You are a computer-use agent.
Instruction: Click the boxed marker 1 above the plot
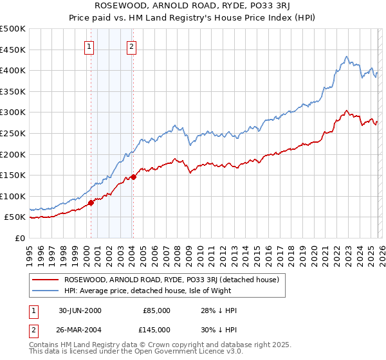pyautogui.click(x=89, y=46)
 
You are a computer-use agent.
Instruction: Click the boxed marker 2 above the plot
pyautogui.click(x=131, y=46)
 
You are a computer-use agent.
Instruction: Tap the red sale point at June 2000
pyautogui.click(x=91, y=203)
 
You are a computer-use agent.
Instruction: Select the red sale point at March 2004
pyautogui.click(x=133, y=177)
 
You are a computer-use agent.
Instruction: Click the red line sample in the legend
pyautogui.click(x=46, y=280)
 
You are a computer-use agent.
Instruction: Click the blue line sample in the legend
pyautogui.click(x=46, y=291)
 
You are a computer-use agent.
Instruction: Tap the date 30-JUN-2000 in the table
pyautogui.click(x=80, y=310)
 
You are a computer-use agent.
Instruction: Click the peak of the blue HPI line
pyautogui.click(x=346, y=57)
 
